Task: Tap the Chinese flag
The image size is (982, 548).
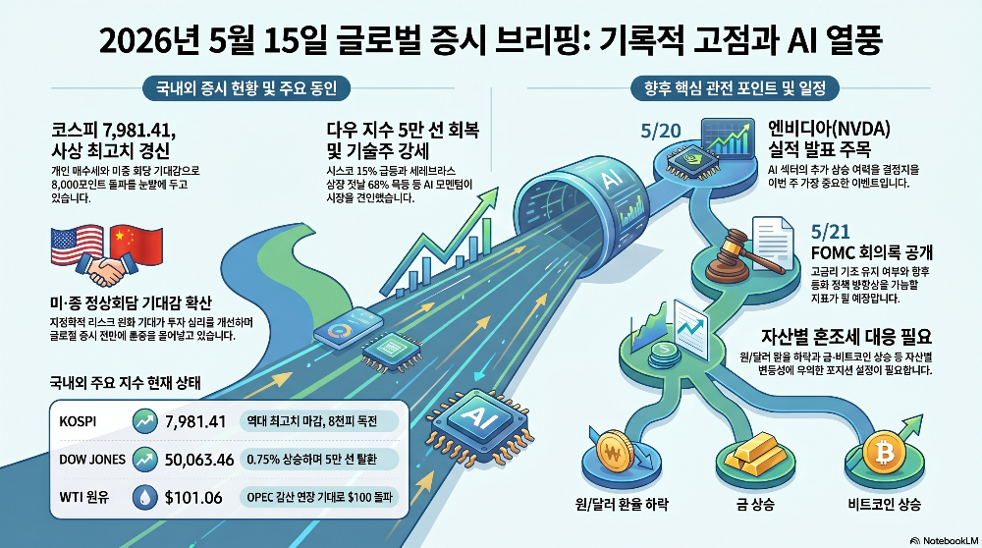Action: click(136, 246)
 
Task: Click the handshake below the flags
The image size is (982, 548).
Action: click(107, 270)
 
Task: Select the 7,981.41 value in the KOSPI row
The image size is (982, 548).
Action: click(195, 421)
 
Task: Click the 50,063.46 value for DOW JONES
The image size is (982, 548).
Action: click(199, 460)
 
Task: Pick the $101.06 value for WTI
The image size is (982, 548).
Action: click(193, 498)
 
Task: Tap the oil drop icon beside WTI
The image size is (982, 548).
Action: click(145, 497)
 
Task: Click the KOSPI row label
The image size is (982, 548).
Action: click(78, 421)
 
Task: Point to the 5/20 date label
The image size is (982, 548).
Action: click(661, 131)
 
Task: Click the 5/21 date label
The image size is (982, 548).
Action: click(831, 232)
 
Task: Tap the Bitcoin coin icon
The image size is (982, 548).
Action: click(884, 452)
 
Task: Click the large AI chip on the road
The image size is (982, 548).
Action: click(481, 425)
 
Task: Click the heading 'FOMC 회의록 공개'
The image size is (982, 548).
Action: click(872, 252)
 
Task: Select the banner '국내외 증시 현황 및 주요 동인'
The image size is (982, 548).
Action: click(246, 88)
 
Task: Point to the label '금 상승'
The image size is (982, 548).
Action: click(755, 504)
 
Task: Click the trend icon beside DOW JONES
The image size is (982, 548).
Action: click(145, 459)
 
